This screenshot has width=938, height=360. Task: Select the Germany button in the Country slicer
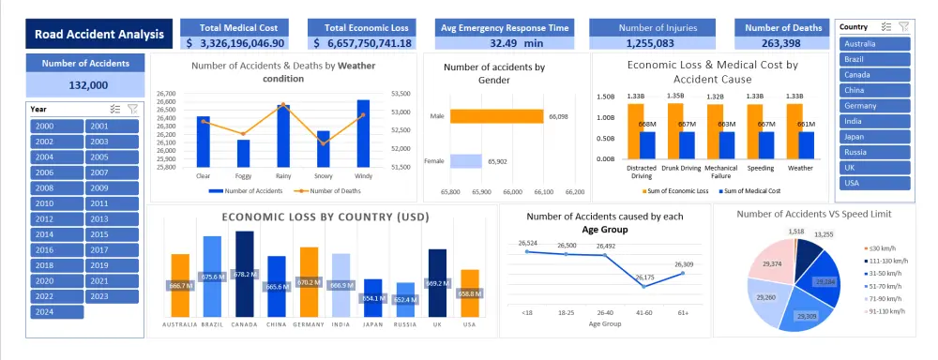[874, 105]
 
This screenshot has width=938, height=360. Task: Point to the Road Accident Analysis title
[98, 36]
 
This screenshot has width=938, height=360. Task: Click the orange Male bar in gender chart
[496, 116]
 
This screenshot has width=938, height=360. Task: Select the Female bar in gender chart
[465, 161]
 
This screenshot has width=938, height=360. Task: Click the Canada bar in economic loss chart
[244, 273]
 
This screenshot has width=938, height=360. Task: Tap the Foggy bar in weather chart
[243, 153]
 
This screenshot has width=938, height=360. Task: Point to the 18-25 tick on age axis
[566, 313]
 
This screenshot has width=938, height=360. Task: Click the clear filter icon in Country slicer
[903, 27]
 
